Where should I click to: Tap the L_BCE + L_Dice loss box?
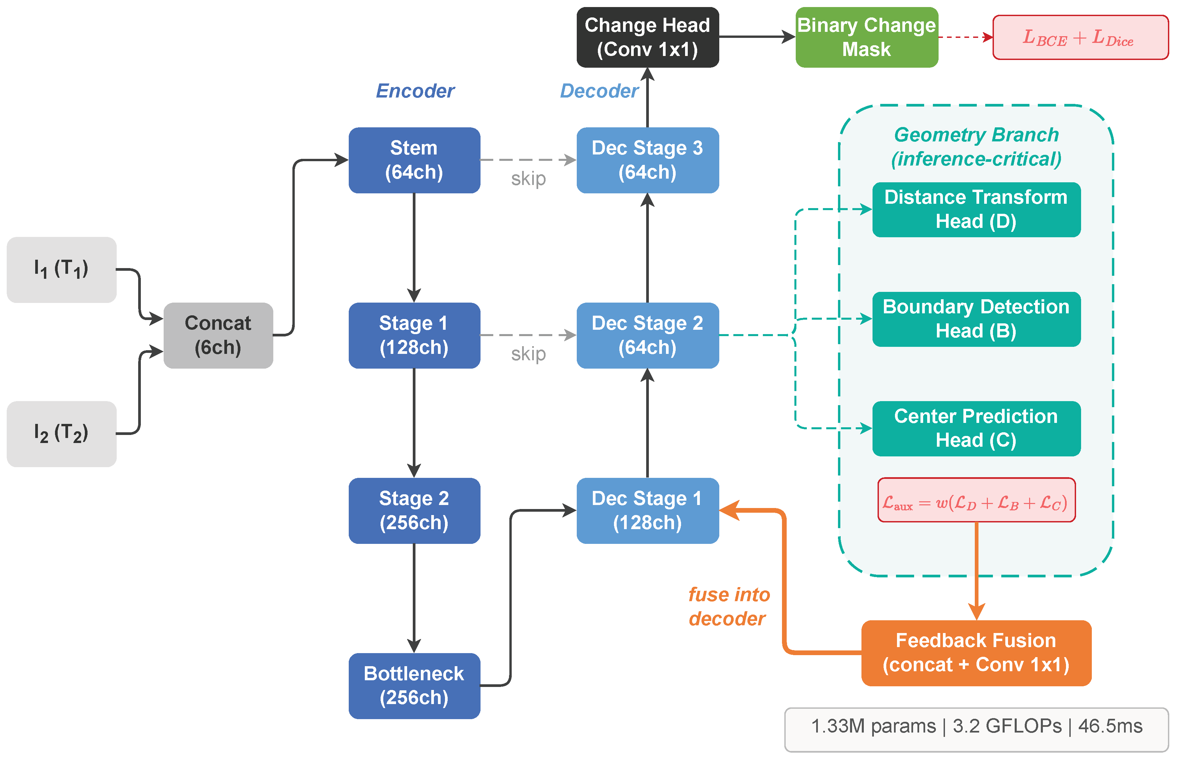(x=1080, y=38)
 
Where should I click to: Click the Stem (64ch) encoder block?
(x=414, y=160)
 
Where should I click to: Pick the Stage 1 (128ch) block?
(x=414, y=335)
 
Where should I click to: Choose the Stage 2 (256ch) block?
(x=414, y=510)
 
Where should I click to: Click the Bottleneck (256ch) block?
(x=414, y=685)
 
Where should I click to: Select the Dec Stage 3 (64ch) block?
(x=647, y=160)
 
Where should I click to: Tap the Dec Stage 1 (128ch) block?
(x=647, y=510)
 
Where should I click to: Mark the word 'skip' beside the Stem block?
(x=528, y=179)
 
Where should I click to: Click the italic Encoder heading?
(x=415, y=91)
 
